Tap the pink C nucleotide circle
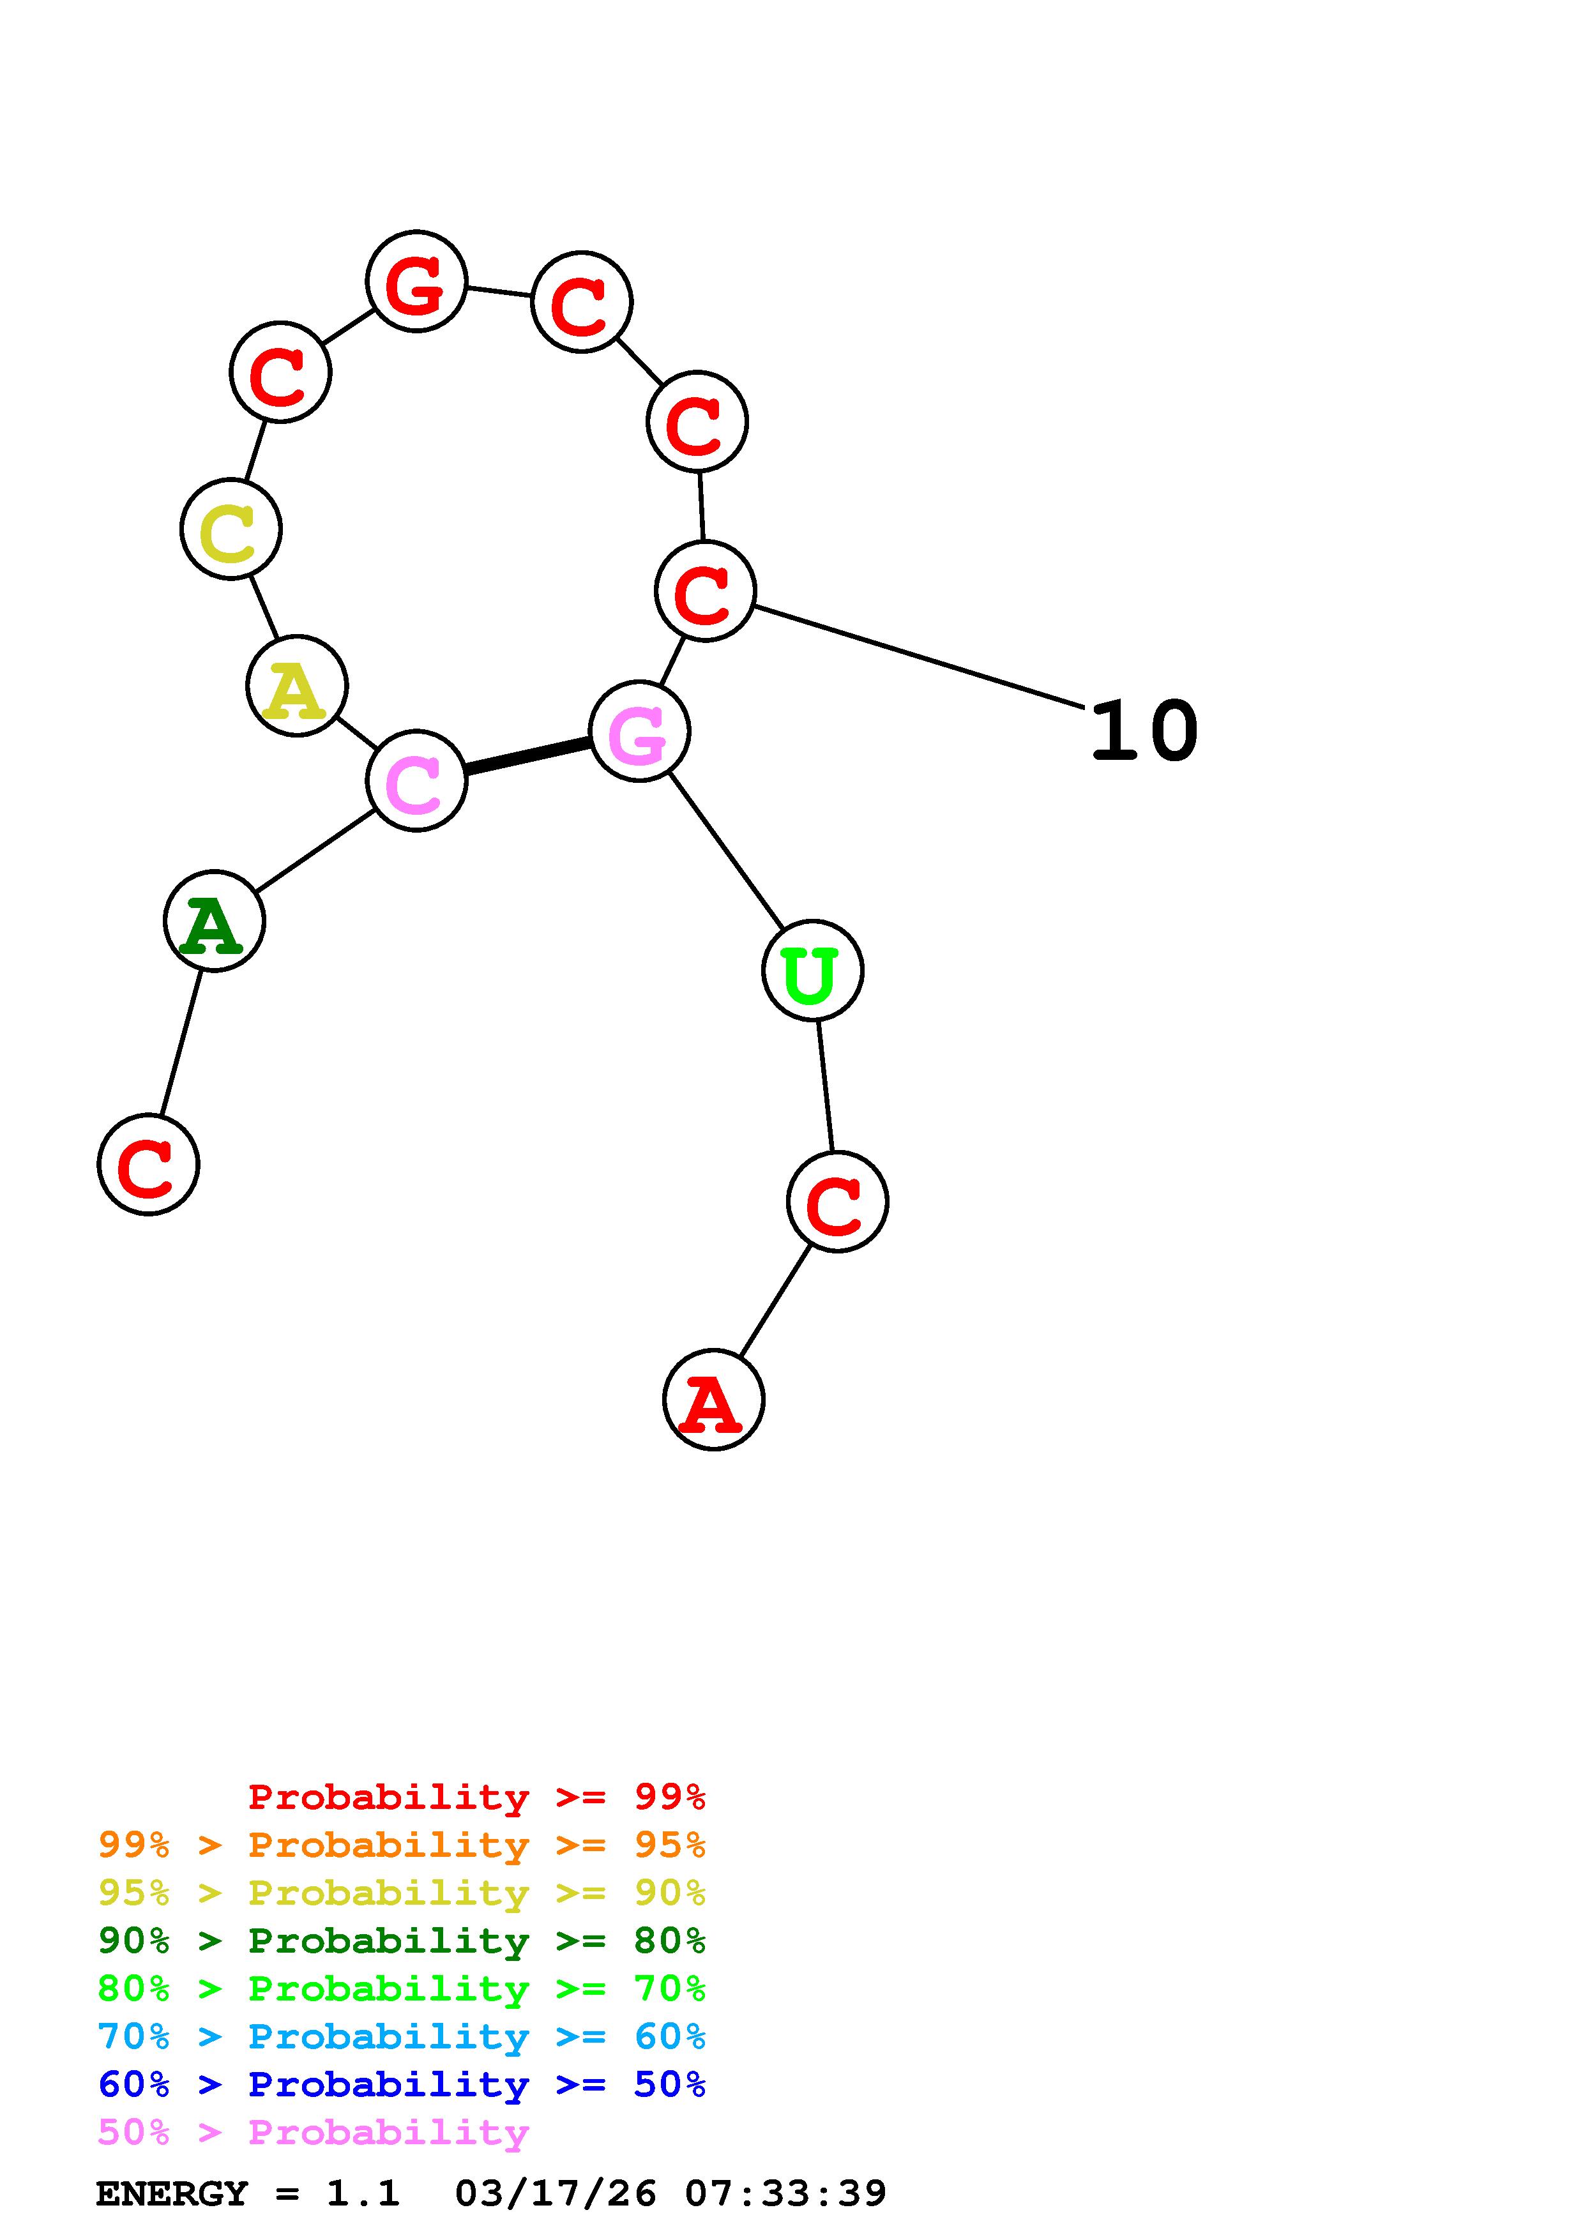pos(416,780)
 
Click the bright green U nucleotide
pos(812,970)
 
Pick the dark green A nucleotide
pos(214,920)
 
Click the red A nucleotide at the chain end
pos(713,1399)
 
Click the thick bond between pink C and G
pos(527,756)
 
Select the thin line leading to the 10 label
pos(917,656)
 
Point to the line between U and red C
pos(825,1086)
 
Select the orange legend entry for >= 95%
pos(402,1845)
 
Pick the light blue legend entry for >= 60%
pos(402,2036)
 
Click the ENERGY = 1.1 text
pos(248,2193)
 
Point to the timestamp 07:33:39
pos(786,2193)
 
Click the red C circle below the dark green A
pos(148,1164)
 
